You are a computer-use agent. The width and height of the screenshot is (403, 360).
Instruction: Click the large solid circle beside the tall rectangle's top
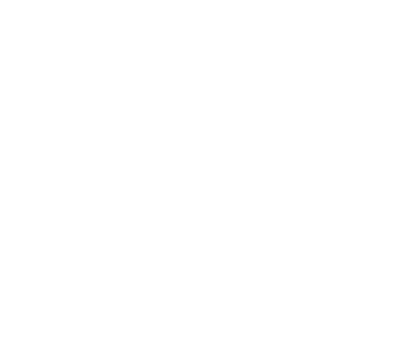coord(42,46)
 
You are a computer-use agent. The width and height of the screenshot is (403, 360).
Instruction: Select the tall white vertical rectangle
coord(122,131)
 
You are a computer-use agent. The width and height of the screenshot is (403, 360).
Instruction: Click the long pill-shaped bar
coord(255,103)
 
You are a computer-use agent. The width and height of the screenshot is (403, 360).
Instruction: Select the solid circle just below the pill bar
coord(196,151)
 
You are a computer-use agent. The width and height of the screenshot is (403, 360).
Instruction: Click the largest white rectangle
coord(300,234)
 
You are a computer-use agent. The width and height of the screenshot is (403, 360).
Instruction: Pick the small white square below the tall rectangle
coord(86,279)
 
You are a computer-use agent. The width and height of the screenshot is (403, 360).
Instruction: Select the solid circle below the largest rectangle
coord(353,332)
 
